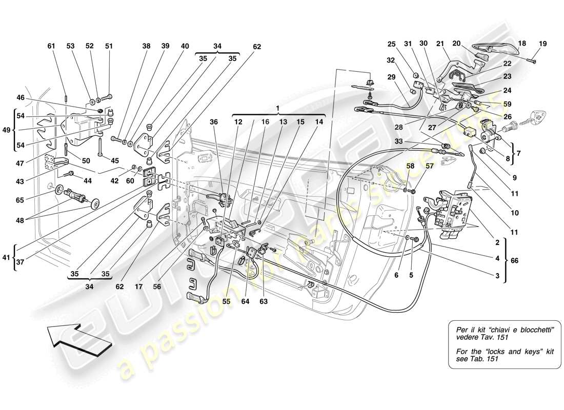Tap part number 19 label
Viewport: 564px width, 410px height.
pos(543,44)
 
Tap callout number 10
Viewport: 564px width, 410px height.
pos(515,213)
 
